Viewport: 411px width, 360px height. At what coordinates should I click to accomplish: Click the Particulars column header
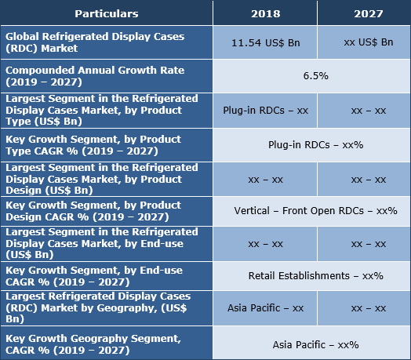[106, 13]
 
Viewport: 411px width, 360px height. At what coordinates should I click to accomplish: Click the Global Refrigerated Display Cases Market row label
[106, 42]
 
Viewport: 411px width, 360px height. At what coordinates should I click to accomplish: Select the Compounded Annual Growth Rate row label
[106, 77]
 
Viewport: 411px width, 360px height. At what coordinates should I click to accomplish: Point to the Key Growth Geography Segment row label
[106, 344]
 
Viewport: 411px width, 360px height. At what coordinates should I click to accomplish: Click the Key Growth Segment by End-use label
[106, 275]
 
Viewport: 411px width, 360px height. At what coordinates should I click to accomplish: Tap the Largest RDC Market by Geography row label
[106, 308]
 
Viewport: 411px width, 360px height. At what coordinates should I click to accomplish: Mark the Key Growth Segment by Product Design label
[106, 211]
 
